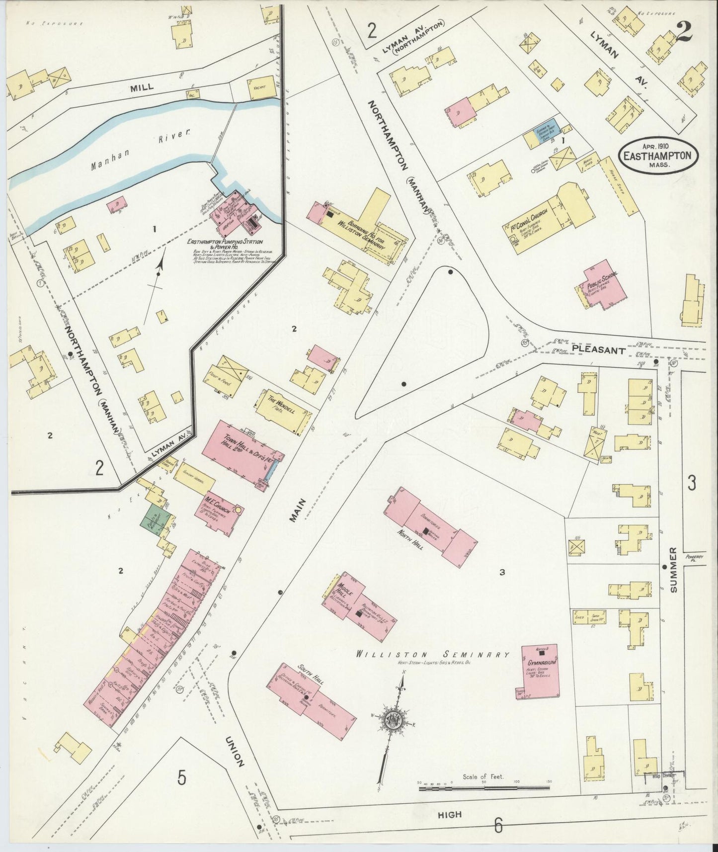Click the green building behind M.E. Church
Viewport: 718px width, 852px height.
(156, 519)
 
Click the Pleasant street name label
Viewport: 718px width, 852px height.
(598, 349)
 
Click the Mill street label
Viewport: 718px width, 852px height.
(142, 86)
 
